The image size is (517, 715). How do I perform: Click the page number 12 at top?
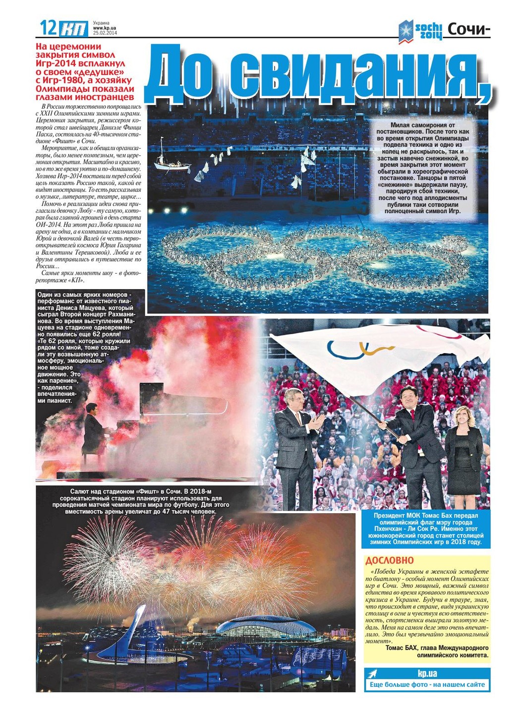click(48, 28)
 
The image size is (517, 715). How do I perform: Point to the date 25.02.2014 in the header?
click(105, 34)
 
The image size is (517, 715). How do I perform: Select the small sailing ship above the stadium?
click(171, 161)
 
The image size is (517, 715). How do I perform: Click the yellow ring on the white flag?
click(370, 348)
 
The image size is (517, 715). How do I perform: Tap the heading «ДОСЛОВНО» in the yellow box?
click(389, 561)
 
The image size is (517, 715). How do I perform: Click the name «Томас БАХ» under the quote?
click(402, 648)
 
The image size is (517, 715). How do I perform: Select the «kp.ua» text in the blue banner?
click(427, 674)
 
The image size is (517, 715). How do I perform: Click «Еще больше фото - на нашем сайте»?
click(427, 685)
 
